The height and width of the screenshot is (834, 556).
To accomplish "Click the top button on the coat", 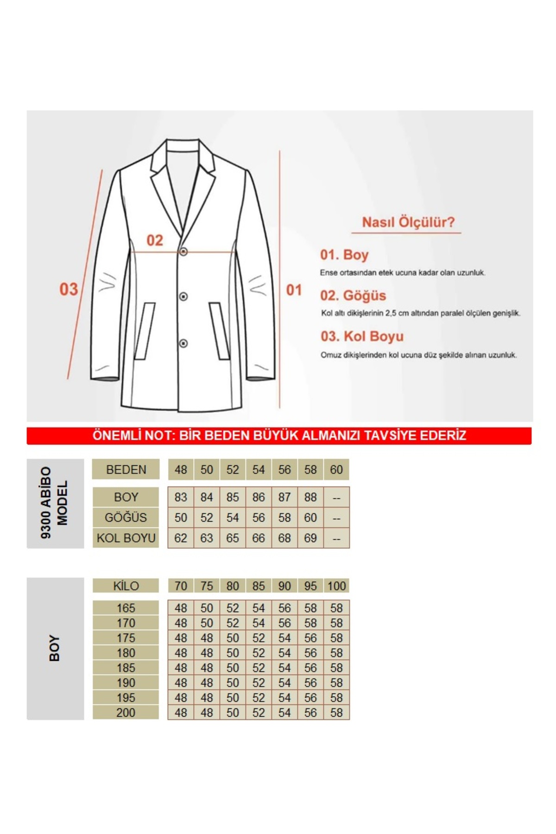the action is (x=183, y=252).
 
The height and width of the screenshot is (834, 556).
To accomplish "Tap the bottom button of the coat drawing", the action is (x=183, y=343).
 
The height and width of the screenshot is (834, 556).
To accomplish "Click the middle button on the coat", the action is (x=183, y=296).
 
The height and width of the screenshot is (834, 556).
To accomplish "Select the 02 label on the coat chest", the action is (x=155, y=240).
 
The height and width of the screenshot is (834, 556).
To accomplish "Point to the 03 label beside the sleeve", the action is (x=69, y=289).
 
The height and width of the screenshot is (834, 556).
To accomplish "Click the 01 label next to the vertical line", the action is (x=294, y=290).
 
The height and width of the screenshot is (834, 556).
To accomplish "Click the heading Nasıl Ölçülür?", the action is (x=408, y=222).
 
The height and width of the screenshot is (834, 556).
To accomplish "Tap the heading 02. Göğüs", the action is (x=353, y=296).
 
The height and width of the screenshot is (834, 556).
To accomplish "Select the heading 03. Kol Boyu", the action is (x=362, y=336).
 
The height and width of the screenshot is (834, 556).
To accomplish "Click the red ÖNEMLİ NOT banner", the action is (x=279, y=436).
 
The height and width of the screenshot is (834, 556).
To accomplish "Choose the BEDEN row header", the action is (x=126, y=469).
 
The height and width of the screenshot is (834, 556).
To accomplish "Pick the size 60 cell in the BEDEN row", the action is (x=336, y=469).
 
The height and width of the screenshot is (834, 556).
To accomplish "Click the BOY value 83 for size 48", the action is (x=181, y=497).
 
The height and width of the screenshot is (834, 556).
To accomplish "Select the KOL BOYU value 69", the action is (x=310, y=538).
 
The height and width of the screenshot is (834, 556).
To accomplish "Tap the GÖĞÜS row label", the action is (x=126, y=518).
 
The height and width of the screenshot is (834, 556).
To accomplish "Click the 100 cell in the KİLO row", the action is (x=336, y=586).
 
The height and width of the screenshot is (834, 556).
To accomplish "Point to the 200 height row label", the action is (x=126, y=712).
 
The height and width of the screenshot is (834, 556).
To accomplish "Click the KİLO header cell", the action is (x=126, y=586).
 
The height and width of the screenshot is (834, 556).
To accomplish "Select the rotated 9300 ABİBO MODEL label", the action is (x=55, y=503).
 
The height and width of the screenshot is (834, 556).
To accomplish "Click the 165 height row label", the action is (x=126, y=608).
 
